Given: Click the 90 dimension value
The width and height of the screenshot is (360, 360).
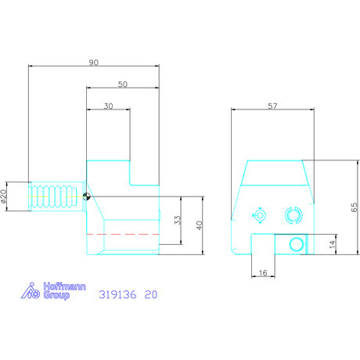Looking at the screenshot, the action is coord(94,63).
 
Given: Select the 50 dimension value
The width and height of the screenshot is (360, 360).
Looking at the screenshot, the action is coord(123,85).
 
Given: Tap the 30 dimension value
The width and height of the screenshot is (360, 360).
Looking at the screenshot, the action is coord(108,106).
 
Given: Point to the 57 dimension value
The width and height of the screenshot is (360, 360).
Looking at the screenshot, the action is coord(272,106).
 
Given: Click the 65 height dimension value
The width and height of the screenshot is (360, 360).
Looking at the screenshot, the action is coord(355,207).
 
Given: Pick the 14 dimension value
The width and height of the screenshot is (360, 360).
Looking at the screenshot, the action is coord(332,244).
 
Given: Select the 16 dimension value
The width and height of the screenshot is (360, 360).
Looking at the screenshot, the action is coord(263,273).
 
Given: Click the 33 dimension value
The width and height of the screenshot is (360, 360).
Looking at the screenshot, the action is coord(178,220).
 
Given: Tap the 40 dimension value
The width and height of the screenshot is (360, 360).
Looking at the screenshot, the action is coord(200,225).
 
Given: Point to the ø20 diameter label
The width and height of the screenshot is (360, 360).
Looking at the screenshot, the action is coord(3,196).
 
